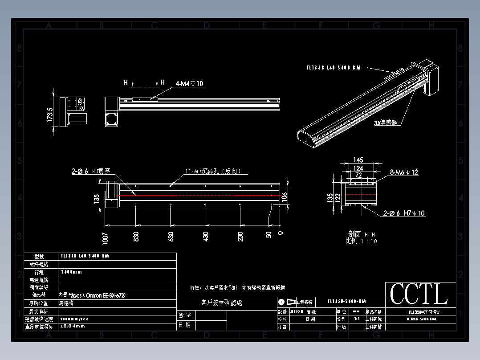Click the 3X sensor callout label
(385, 123)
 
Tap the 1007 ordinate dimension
(106, 238)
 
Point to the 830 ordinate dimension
(136, 236)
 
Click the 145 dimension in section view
(358, 160)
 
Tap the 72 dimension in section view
(358, 175)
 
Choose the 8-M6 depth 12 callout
(404, 172)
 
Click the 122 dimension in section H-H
(337, 197)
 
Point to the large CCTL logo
(419, 295)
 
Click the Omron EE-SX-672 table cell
(92, 295)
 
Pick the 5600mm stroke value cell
(71, 272)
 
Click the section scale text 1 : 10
(368, 241)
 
